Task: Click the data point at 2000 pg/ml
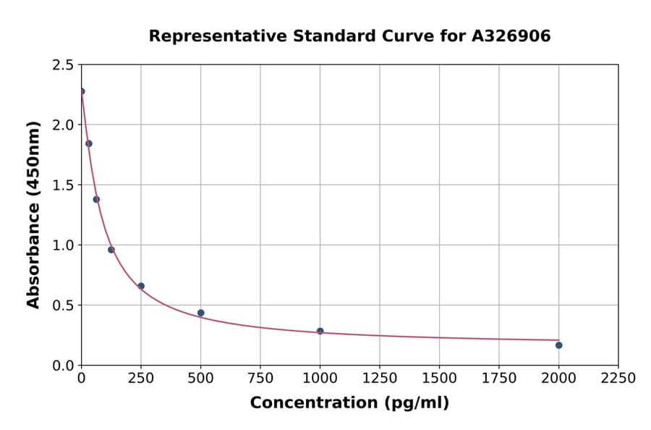coord(558,345)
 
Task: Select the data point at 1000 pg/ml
coord(320,331)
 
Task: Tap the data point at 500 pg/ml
coord(200,313)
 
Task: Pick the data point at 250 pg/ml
coord(141,286)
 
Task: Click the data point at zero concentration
coord(82,91)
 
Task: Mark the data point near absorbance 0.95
coord(111,250)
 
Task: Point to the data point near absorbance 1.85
coord(89,143)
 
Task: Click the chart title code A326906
coord(511,36)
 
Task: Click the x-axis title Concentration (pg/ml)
coord(349,403)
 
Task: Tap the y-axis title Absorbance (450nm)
coord(33,214)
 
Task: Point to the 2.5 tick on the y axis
coord(62,65)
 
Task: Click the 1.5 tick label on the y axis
coord(62,185)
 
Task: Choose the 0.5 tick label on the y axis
coord(62,305)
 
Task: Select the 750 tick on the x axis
coord(260,378)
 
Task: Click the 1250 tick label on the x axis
coord(380,378)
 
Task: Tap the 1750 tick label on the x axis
coord(499,378)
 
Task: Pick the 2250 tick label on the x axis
coord(618,378)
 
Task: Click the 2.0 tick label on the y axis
coord(62,125)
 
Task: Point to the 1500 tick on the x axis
coord(439,378)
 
